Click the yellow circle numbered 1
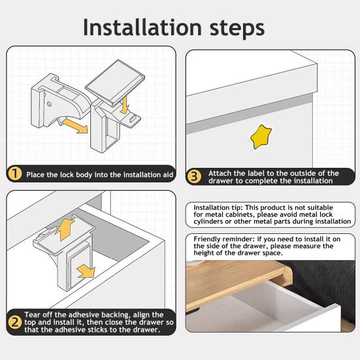[14, 174]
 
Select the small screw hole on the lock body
[48, 103]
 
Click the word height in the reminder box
[208, 253]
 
